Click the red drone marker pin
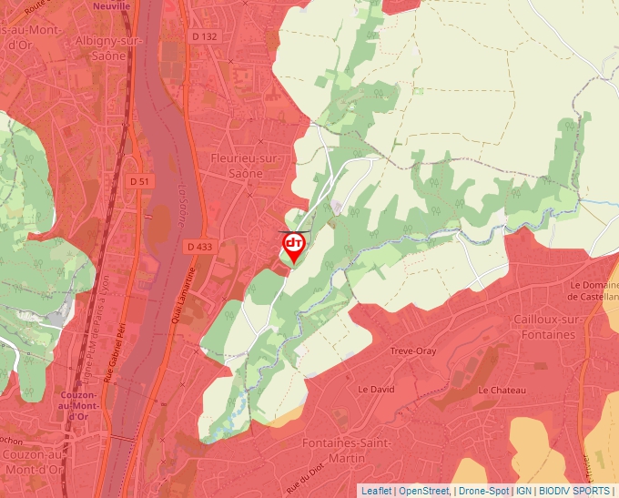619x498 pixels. pyautogui.click(x=293, y=246)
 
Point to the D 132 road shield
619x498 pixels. pyautogui.click(x=205, y=36)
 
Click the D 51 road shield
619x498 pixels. pyautogui.click(x=140, y=182)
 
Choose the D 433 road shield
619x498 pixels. pyautogui.click(x=198, y=247)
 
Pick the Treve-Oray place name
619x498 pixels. pyautogui.click(x=413, y=351)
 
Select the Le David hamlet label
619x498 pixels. pyautogui.click(x=376, y=389)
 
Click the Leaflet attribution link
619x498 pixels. pyautogui.click(x=376, y=491)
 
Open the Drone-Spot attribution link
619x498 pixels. pyautogui.click(x=483, y=491)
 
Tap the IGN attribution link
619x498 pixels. pyautogui.click(x=523, y=491)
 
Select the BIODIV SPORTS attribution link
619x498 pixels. pyautogui.click(x=574, y=491)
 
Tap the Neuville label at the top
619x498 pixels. pyautogui.click(x=111, y=5)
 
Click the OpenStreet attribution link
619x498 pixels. pyautogui.click(x=424, y=491)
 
